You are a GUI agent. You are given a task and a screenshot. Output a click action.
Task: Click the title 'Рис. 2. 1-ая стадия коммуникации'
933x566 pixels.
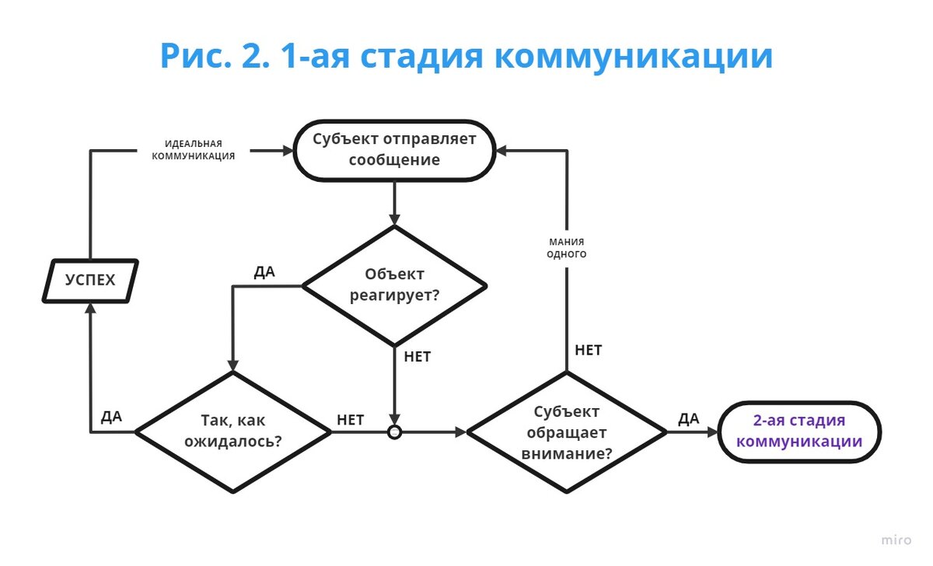point(466,56)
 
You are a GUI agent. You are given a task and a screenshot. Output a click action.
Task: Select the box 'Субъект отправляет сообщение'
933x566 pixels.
point(394,151)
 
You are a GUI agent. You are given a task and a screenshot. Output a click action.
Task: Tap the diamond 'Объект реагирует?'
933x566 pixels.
point(394,285)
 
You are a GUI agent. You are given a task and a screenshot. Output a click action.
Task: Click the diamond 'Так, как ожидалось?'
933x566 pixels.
point(233,431)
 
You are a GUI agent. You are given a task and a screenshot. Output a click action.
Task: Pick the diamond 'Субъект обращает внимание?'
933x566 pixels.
point(566,432)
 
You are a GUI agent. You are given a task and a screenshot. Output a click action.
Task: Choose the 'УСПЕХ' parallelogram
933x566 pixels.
point(89,280)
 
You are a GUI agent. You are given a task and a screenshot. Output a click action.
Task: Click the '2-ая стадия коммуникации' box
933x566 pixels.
point(798,431)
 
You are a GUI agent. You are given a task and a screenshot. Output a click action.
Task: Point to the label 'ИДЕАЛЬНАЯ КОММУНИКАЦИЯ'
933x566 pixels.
point(194,149)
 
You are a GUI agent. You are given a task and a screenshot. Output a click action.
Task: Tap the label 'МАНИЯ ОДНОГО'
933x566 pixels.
point(567,248)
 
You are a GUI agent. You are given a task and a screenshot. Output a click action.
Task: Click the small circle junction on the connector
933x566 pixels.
point(394,431)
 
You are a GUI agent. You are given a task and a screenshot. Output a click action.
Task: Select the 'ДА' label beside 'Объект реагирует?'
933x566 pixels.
point(265,273)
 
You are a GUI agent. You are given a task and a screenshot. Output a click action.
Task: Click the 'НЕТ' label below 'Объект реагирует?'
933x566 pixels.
point(418,358)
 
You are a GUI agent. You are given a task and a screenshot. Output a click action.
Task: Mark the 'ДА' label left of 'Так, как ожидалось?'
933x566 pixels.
point(111,417)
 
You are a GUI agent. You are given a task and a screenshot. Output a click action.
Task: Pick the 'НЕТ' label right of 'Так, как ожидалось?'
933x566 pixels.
point(350,420)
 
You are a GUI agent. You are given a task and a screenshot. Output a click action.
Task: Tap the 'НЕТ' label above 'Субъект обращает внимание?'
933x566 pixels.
point(589,350)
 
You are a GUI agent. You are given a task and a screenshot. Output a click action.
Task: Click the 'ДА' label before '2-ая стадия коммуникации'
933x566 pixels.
point(689,419)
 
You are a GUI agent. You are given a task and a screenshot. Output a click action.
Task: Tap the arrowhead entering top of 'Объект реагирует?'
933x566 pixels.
point(394,220)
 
